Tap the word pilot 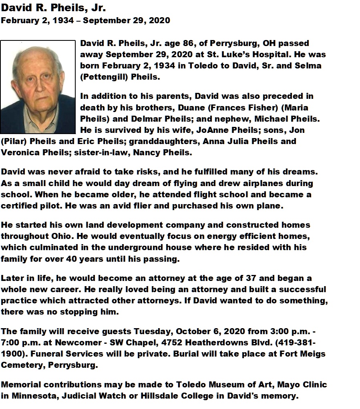(x=49, y=206)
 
